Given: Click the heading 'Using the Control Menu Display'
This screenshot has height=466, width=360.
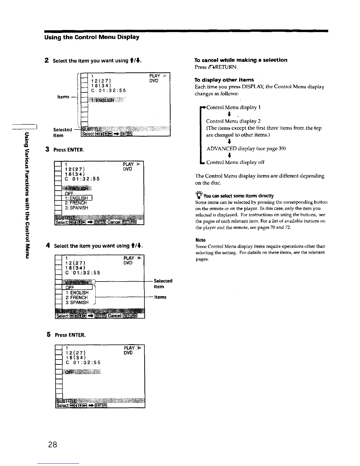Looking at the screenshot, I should pos(92,37).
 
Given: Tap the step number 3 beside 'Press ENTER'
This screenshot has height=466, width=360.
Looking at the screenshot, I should pos(47,149).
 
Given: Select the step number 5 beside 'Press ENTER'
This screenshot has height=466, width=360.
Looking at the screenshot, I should pos(49,334).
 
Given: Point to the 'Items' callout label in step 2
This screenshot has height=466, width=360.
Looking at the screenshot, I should pos(63,97).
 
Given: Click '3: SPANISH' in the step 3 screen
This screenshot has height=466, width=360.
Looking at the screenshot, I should pos(76,208).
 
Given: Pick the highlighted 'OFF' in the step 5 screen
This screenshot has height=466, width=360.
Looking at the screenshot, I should pos(69,372).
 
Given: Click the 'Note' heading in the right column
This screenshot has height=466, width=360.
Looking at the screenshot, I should pos(201,240).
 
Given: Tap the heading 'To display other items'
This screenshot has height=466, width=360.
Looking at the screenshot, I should pos(224,80).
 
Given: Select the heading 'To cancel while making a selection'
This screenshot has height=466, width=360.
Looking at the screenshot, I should pos(241,60).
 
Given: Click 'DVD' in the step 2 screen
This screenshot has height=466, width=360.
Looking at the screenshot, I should pos(154,81).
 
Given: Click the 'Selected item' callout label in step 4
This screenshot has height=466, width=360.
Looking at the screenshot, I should pos(163,284).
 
